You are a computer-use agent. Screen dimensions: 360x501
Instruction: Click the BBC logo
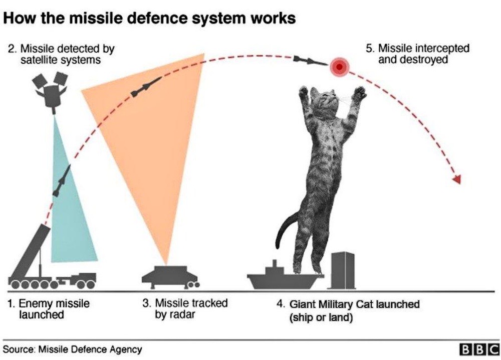479,349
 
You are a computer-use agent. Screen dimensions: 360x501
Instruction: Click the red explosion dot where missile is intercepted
340,66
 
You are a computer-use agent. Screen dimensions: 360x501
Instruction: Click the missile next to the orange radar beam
146,87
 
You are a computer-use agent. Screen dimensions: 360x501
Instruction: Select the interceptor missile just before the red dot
310,60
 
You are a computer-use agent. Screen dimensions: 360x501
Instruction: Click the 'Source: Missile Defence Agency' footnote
73,349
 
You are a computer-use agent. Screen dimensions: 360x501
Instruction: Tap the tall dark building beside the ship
343,270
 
